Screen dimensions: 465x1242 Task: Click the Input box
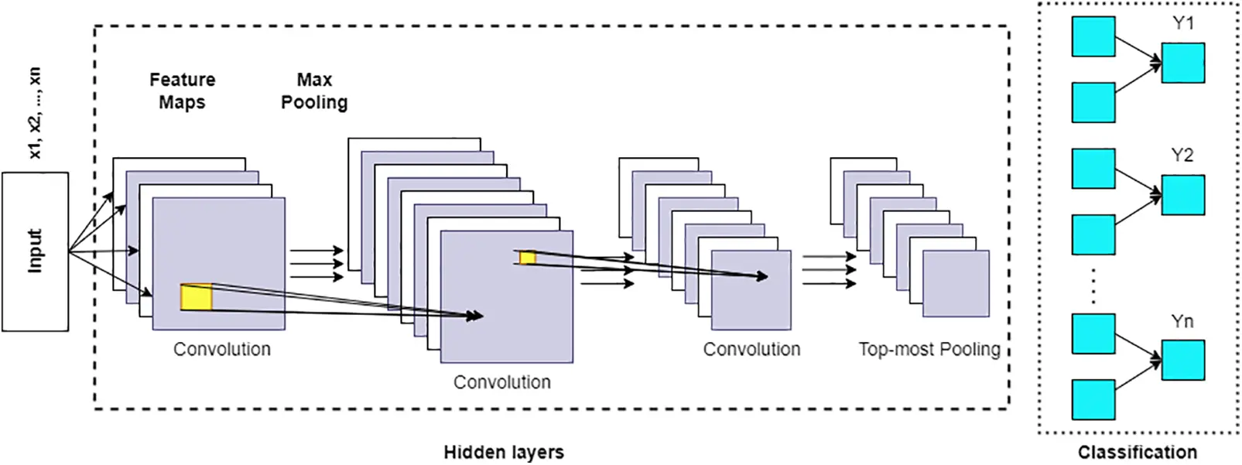point(35,251)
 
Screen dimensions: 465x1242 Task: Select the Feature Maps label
point(182,91)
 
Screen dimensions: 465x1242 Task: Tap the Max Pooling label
point(313,91)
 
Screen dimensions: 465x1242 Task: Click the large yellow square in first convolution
point(196,298)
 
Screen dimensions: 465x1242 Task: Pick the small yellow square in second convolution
point(528,257)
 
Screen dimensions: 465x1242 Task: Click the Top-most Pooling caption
point(929,349)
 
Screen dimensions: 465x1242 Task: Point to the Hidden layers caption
point(503,452)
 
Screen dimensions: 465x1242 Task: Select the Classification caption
point(1137,452)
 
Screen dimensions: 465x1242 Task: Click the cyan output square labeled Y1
point(1182,63)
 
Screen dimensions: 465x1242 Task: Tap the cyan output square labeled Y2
point(1182,195)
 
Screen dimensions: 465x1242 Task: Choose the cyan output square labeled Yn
point(1182,361)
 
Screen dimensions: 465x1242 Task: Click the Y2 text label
point(1182,156)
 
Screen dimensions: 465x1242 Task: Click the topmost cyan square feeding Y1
point(1093,36)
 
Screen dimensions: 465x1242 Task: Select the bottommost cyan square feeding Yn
point(1093,400)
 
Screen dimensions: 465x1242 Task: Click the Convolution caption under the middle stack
point(501,382)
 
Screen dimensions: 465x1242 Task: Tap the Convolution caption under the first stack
point(222,349)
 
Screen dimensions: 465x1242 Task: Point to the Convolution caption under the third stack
point(751,349)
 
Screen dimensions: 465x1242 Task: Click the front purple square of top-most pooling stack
point(956,283)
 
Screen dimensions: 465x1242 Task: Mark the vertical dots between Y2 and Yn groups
point(1093,285)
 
